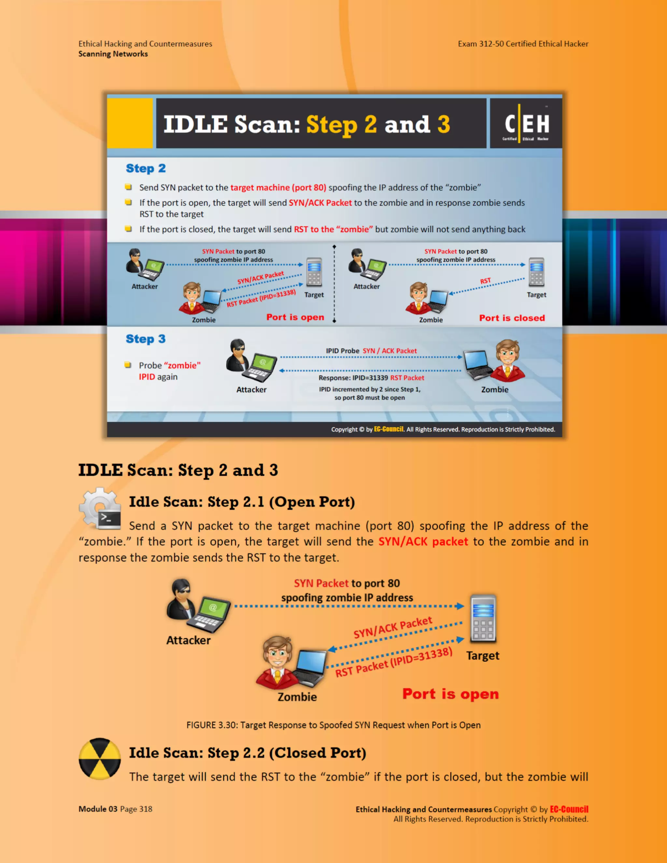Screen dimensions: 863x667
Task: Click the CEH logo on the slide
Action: point(526,124)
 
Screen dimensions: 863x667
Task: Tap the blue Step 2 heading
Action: point(145,168)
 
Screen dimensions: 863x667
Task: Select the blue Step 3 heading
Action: point(145,339)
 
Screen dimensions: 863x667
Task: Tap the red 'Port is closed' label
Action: point(512,318)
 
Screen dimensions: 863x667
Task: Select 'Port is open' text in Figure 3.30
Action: point(450,694)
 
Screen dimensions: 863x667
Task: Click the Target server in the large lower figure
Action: point(483,619)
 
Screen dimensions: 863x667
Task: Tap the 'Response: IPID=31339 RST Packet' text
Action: point(371,378)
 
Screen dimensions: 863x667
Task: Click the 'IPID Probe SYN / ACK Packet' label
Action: point(371,351)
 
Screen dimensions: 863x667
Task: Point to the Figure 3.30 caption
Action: point(333,725)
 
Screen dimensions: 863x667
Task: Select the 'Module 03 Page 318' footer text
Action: point(115,809)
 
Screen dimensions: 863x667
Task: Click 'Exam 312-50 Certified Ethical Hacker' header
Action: point(523,44)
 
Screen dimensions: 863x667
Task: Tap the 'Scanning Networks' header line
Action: point(113,54)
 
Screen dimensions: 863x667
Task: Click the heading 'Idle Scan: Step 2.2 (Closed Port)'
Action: point(248,753)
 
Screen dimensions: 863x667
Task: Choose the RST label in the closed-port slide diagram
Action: point(485,281)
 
